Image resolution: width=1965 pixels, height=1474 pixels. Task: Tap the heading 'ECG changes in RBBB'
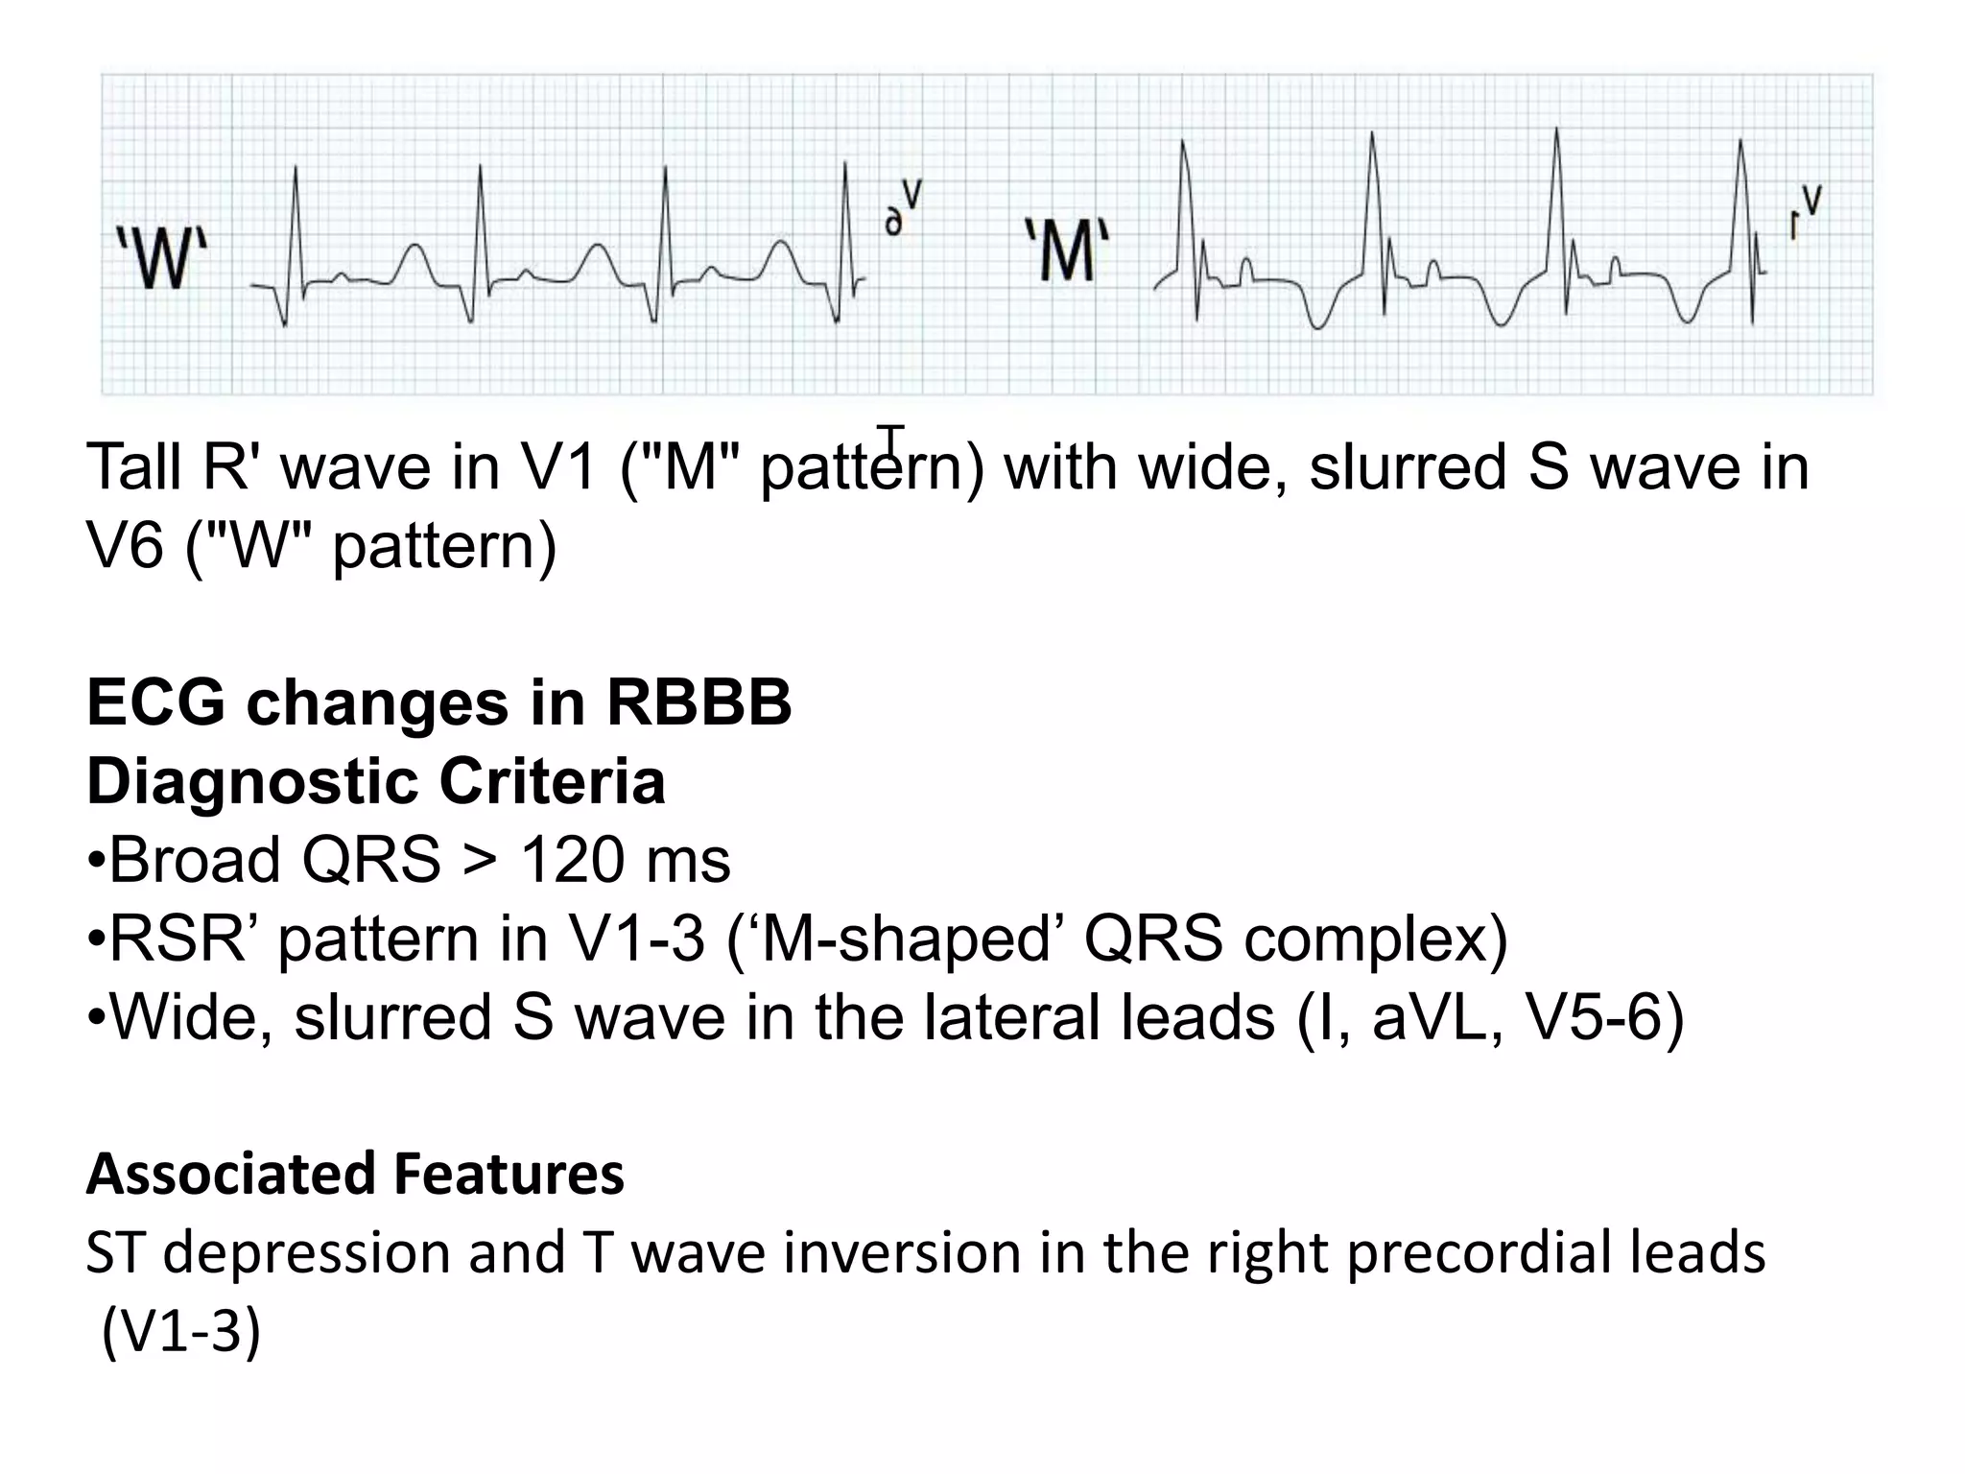(x=438, y=702)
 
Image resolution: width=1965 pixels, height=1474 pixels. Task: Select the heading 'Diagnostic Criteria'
(x=375, y=781)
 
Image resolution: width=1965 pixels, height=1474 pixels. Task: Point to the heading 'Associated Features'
(x=355, y=1174)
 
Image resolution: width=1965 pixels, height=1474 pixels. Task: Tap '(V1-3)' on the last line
(x=180, y=1331)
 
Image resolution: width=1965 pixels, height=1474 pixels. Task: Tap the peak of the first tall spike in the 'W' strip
(x=296, y=168)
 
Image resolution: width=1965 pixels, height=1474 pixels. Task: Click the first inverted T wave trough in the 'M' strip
(x=1318, y=326)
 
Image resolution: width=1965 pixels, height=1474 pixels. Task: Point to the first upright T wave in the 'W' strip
(x=414, y=248)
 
